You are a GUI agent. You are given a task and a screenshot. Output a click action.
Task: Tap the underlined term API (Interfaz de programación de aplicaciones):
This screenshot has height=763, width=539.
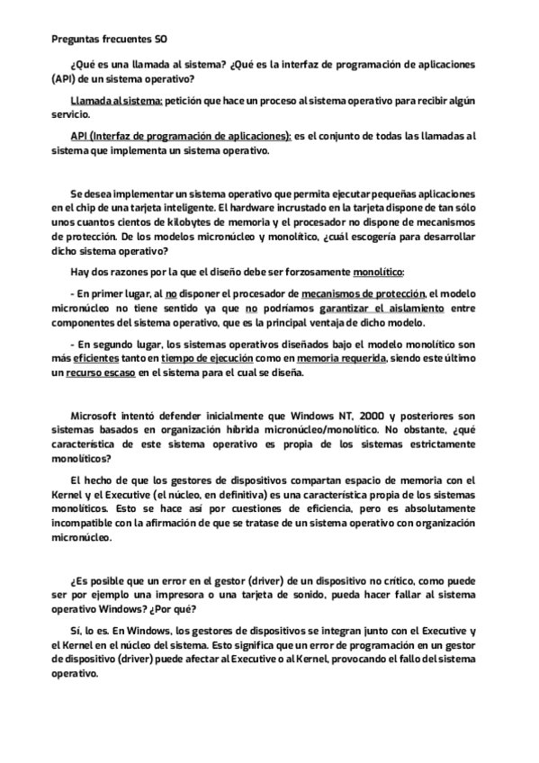click(180, 136)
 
